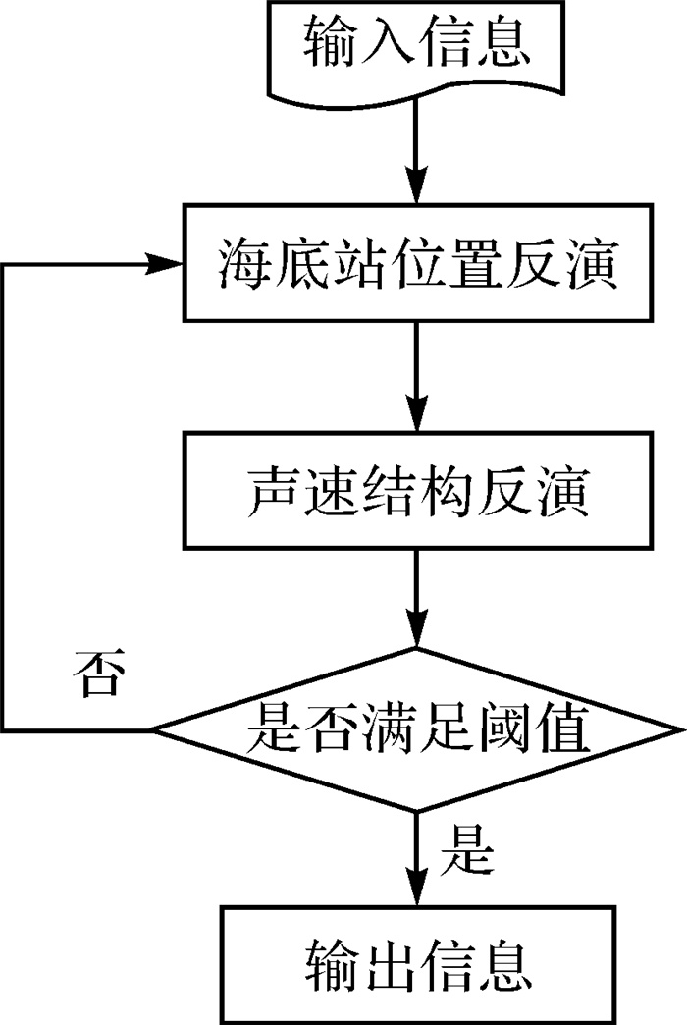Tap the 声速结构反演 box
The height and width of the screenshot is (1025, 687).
(417, 490)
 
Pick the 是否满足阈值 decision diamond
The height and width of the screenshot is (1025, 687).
(417, 729)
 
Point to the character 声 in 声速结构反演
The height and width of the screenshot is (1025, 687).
(271, 491)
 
